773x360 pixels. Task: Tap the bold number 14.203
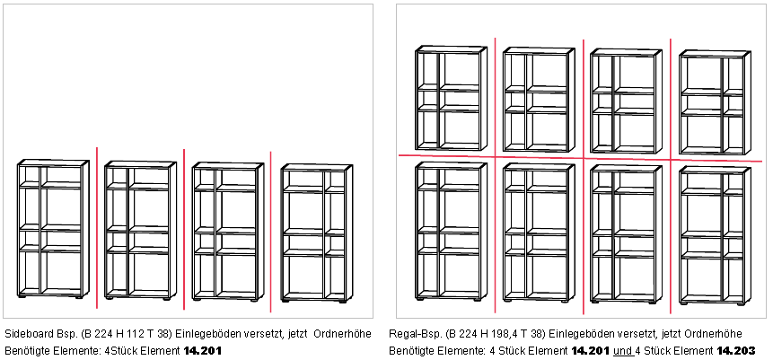735,351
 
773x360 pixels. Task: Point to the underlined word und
622,351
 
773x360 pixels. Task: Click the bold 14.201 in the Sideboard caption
203,351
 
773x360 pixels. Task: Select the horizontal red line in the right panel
580,158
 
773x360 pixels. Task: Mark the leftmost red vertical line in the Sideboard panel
97,228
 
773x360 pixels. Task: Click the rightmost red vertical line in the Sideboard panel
270,232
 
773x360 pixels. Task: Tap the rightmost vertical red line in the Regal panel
671,176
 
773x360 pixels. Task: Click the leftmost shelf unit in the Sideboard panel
53,229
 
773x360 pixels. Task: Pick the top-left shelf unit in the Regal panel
451,98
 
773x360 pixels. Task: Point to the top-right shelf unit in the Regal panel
715,102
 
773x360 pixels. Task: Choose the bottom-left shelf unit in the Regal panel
451,231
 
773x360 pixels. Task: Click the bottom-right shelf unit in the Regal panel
715,236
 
